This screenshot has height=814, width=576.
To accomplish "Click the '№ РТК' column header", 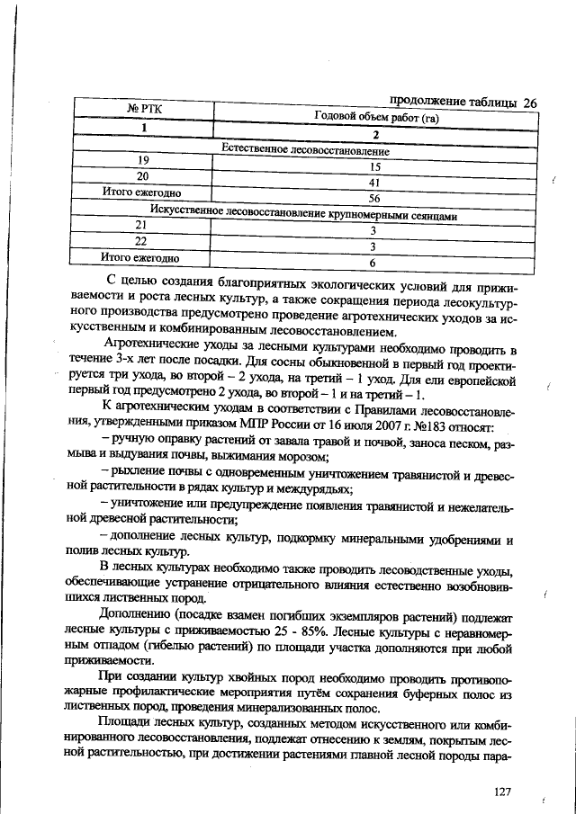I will click(x=144, y=110).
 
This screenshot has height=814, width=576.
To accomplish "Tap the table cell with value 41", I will click(x=371, y=183).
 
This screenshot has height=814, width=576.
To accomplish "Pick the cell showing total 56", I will click(x=371, y=199).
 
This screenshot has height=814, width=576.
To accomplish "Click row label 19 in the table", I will click(x=142, y=160).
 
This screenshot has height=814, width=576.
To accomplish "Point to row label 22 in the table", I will click(x=140, y=241).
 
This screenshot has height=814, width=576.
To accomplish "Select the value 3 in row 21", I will click(x=371, y=231).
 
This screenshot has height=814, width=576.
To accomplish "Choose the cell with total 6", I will click(x=371, y=264).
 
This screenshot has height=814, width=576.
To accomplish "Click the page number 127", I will click(x=502, y=791).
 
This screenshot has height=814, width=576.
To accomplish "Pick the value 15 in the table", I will click(x=371, y=167).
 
